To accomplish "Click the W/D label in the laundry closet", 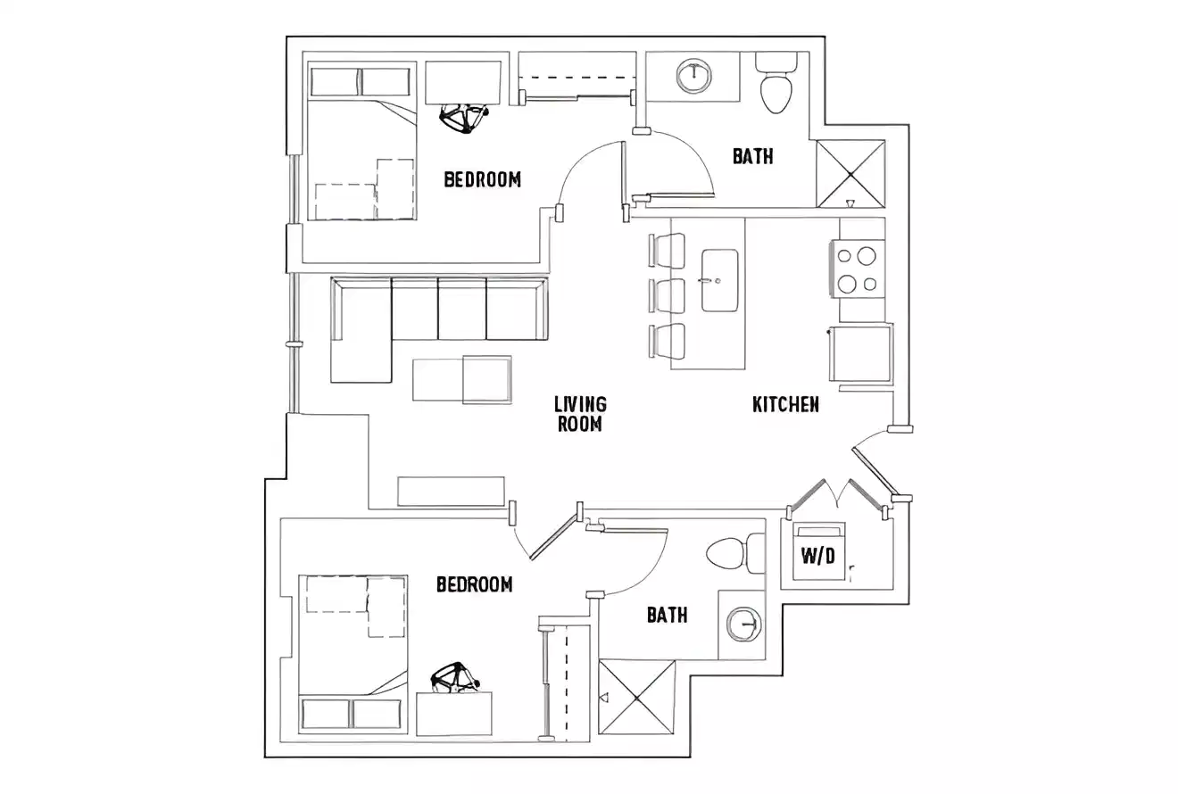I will pos(817,556).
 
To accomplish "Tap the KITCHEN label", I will pos(785,404).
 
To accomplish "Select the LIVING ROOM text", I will pos(580,414).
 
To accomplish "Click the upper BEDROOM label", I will pos(482,179).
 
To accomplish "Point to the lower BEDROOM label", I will pos(474,584).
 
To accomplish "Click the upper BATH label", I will pos(752,156).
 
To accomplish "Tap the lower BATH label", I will pos(667,615).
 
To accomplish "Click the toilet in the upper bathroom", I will pos(776,85).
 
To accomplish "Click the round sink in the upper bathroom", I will pos(693,76).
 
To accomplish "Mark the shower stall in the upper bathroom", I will pos(850,173).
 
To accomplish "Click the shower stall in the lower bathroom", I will pos(636,697).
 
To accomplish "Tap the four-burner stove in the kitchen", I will pos(856,269).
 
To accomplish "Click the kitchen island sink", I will pos(719,281).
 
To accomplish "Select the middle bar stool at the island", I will pos(668,295).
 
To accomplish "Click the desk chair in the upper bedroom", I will pos(464,117).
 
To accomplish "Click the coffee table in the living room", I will pos(462,379).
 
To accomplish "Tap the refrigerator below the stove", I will pos(861,353).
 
